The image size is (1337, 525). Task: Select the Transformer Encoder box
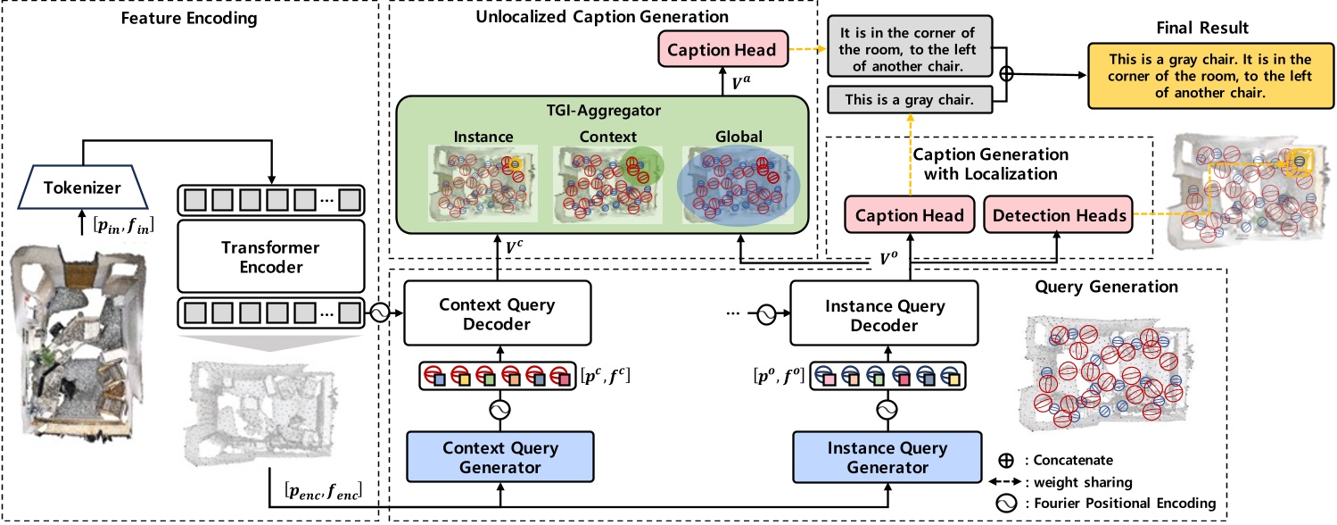pyautogui.click(x=271, y=255)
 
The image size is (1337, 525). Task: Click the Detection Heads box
pyautogui.click(x=1057, y=215)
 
